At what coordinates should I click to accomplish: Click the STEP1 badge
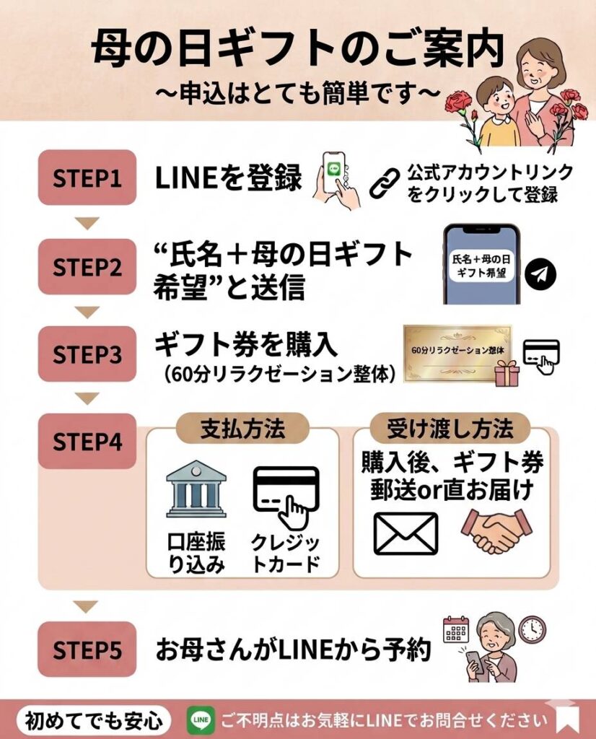pos(87,178)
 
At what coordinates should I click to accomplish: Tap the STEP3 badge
pos(87,354)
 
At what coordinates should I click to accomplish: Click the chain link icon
pos(384,183)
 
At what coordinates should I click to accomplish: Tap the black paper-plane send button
pos(540,274)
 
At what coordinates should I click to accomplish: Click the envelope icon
pos(406,533)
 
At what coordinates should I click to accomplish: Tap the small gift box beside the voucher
pos(507,373)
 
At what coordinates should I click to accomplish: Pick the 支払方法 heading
pos(242,429)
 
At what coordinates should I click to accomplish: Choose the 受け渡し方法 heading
pos(450,429)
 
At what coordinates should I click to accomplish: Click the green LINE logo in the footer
pos(201,720)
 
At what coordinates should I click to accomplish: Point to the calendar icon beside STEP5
pos(456,629)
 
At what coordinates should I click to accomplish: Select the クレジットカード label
pos(286,553)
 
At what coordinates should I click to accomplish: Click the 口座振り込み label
pos(196,553)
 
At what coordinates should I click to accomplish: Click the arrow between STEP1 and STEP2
pos(87,223)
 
